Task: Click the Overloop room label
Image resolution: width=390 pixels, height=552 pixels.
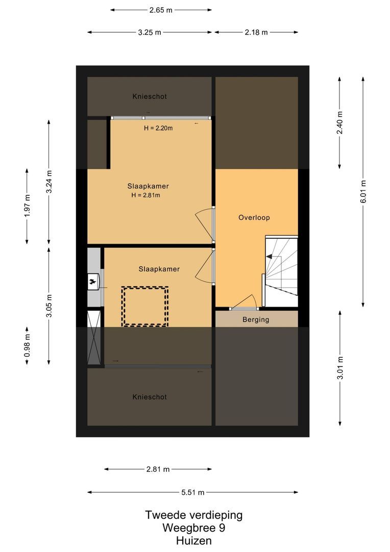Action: (x=254, y=217)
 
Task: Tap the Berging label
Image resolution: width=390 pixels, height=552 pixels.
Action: (x=256, y=319)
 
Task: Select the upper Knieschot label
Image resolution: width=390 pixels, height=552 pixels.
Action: (x=149, y=96)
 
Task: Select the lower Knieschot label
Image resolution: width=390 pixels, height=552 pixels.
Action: (x=149, y=397)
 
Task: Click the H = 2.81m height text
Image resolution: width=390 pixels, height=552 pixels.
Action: (x=145, y=195)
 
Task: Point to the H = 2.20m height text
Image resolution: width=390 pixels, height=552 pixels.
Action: (x=158, y=128)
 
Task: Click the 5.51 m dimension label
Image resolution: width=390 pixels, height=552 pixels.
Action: (x=192, y=492)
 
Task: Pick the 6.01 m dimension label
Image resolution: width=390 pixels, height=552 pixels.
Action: (x=363, y=191)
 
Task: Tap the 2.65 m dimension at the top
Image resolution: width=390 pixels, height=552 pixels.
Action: (x=161, y=10)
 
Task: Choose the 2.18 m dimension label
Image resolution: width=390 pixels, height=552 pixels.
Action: (x=256, y=32)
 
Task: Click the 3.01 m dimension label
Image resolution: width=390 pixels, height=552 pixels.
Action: (x=340, y=367)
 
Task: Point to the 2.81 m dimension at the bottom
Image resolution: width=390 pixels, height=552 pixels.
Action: (x=158, y=469)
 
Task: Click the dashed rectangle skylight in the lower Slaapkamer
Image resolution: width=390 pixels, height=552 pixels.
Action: (x=145, y=306)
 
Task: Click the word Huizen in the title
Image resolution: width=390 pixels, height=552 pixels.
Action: (x=193, y=540)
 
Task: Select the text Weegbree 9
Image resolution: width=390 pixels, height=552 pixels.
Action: (x=193, y=528)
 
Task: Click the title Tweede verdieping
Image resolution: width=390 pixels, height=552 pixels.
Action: (x=193, y=515)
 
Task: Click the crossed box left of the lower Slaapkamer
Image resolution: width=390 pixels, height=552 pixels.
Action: (x=94, y=337)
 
